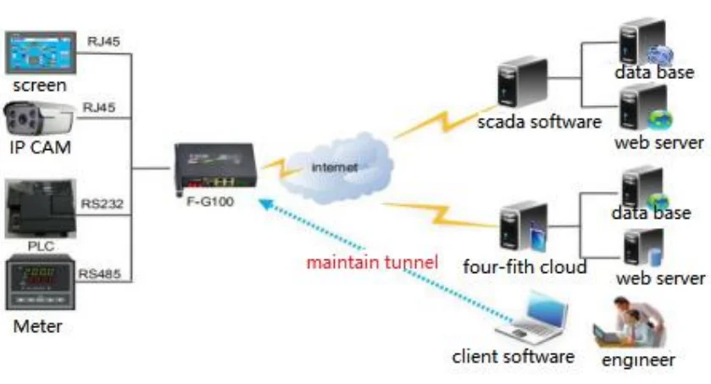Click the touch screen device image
point(41,53)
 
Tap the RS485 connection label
point(99,274)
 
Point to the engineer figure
point(628,321)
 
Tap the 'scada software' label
point(539,120)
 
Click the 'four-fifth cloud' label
point(525,267)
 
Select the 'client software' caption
point(514,356)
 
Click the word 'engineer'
point(638,359)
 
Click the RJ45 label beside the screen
point(103,41)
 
